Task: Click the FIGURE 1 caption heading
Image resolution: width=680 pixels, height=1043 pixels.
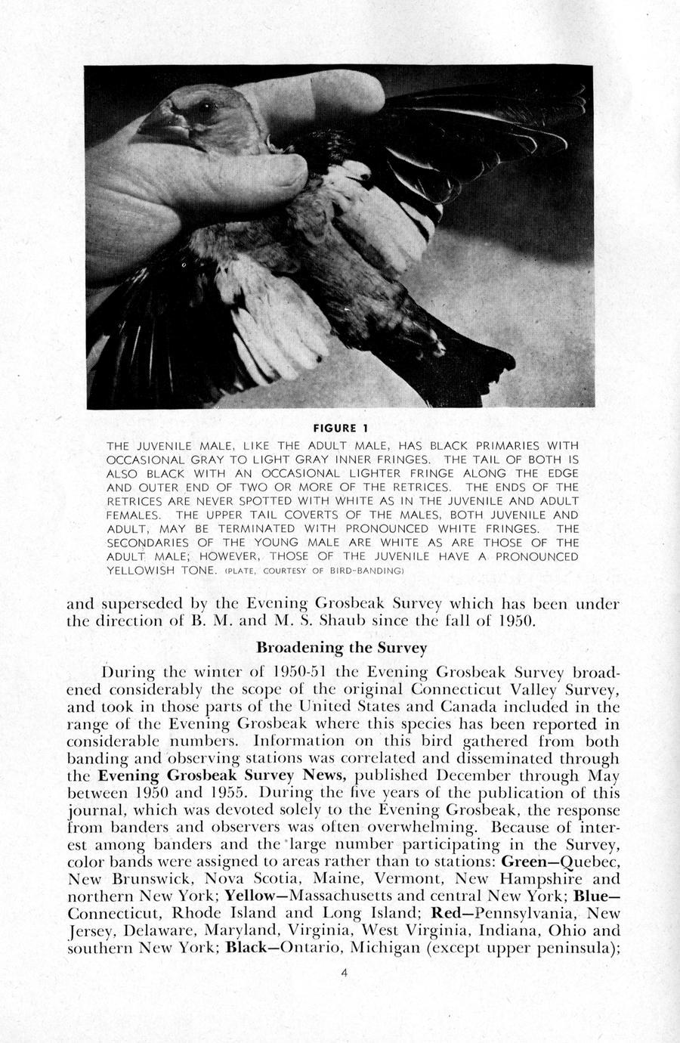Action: [x=340, y=429]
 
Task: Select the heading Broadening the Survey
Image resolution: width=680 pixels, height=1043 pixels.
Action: [x=342, y=648]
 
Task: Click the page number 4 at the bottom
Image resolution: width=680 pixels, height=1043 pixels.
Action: [x=344, y=973]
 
